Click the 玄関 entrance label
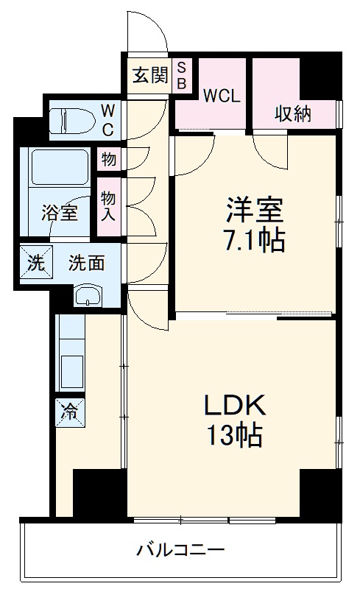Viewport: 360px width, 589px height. point(149,75)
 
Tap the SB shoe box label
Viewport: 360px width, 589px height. point(182,75)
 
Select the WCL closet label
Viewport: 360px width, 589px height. point(222,96)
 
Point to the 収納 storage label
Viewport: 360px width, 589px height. point(293,113)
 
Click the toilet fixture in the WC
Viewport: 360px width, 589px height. point(70,119)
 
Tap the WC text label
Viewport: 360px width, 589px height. point(107,119)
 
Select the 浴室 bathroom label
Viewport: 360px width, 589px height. point(58,214)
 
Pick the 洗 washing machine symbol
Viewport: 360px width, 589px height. point(35,263)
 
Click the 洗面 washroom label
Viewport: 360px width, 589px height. point(86,262)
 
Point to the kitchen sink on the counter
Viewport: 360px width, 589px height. point(71,371)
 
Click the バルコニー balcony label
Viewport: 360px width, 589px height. point(180,549)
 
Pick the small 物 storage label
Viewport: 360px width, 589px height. point(108,158)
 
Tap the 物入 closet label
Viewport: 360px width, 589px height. point(108,206)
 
